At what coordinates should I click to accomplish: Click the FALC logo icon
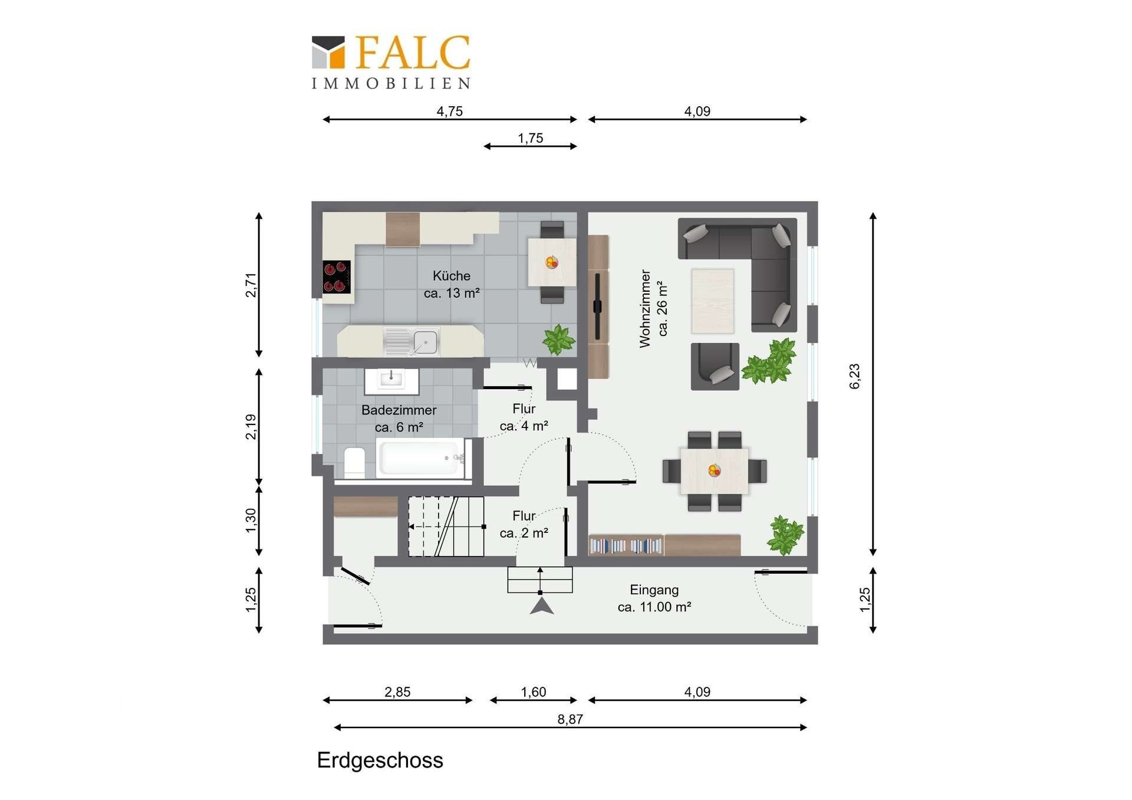tap(328, 52)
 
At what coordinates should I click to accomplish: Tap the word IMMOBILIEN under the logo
tap(391, 84)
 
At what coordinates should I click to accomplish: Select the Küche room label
tap(452, 276)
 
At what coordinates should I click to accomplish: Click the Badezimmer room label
tap(399, 410)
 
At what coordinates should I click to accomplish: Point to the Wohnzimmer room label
tap(645, 308)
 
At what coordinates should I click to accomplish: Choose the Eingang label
tap(654, 590)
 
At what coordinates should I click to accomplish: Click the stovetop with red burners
tap(337, 277)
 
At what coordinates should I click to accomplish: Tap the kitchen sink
tap(412, 342)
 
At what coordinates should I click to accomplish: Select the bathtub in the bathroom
tap(421, 457)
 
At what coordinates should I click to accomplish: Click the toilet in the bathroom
tap(354, 462)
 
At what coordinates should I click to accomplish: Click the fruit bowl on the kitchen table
tap(552, 262)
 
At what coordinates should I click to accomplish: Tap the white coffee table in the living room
tap(713, 301)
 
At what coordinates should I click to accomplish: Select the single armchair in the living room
tap(715, 367)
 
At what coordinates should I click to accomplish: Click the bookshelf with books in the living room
tap(626, 545)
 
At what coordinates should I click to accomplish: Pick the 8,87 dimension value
tap(570, 719)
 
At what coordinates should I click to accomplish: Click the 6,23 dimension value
tap(855, 376)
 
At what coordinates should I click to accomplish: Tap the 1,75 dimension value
tap(530, 138)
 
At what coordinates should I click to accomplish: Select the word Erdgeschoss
tap(380, 761)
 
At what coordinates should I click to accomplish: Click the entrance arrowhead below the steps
tap(542, 606)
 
